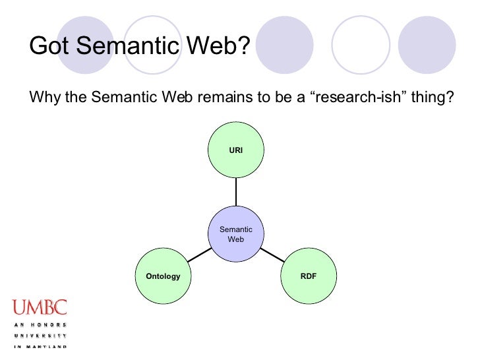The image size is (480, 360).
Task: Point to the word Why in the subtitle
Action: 44,98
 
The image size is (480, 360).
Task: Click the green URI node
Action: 235,150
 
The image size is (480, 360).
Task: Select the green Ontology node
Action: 162,276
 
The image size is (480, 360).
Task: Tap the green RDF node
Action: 308,276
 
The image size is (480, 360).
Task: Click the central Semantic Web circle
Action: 235,234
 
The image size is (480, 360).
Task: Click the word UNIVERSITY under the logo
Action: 39,336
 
